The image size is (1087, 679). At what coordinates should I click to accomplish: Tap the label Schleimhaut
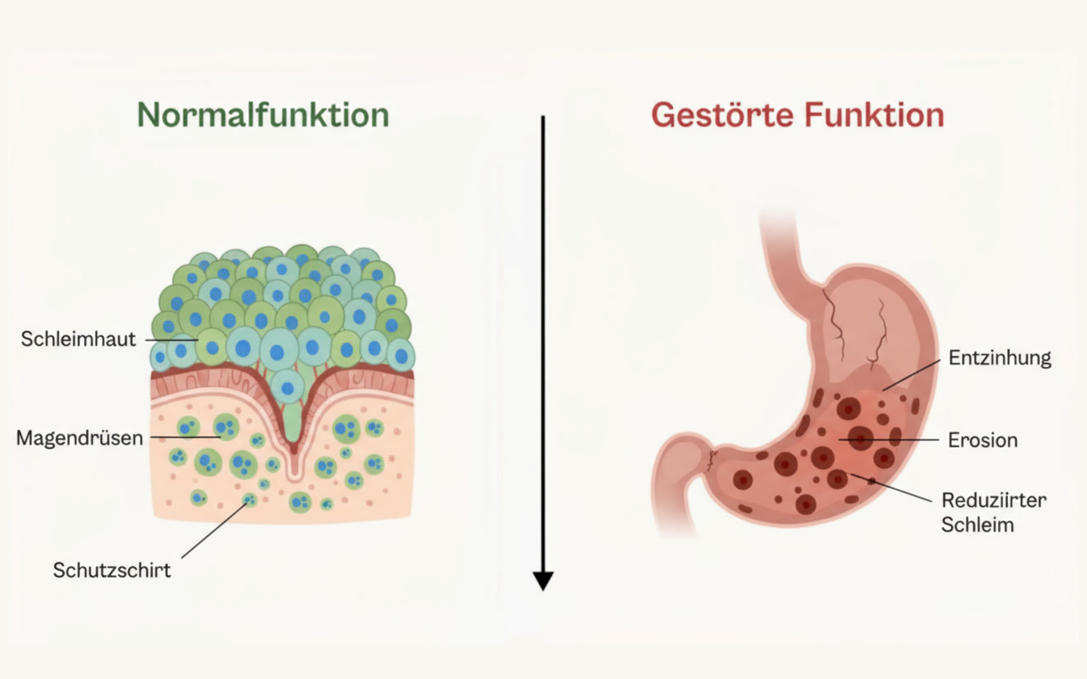tap(78, 339)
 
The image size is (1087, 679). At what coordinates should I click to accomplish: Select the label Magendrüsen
tap(79, 438)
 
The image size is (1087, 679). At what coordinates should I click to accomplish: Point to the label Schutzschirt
tap(111, 570)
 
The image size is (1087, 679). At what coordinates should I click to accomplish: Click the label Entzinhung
tap(999, 358)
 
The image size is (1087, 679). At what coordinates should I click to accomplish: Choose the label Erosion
tap(983, 440)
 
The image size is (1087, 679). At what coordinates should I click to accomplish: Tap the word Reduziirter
tap(994, 500)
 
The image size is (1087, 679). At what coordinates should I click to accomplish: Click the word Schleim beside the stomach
tap(977, 525)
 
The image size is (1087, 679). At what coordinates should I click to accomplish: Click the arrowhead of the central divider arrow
tap(543, 580)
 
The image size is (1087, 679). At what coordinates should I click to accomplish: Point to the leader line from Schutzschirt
tap(214, 530)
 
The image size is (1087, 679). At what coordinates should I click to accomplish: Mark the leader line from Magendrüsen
tap(185, 437)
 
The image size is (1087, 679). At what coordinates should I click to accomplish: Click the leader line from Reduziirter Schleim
tap(891, 487)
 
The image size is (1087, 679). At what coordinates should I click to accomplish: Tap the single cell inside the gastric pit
tap(288, 388)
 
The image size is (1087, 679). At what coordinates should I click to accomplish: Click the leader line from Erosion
tap(891, 439)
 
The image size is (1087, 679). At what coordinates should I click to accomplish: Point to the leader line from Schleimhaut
tap(171, 340)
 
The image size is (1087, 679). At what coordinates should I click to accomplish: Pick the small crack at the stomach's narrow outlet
tap(711, 460)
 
